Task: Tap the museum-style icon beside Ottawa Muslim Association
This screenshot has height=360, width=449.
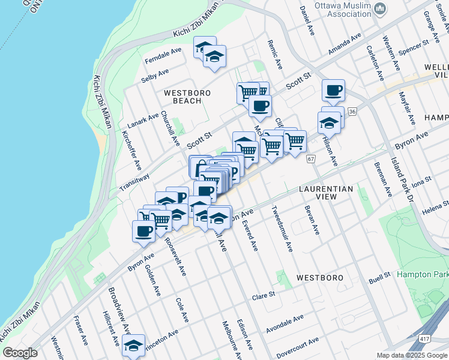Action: coord(379,8)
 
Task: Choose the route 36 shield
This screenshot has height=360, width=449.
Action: coord(352,112)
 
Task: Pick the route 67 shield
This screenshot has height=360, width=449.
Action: coord(310,158)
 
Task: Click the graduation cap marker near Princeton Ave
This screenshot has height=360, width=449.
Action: coord(133,345)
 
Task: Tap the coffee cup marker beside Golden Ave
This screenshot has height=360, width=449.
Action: coord(143,230)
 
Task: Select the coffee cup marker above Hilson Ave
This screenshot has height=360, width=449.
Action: coord(333,91)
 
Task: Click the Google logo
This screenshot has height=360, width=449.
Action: coord(20,353)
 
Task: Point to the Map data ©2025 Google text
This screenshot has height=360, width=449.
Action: coord(412,355)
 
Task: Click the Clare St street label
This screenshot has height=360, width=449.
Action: coord(263,296)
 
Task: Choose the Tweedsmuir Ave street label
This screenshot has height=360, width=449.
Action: coord(282,230)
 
